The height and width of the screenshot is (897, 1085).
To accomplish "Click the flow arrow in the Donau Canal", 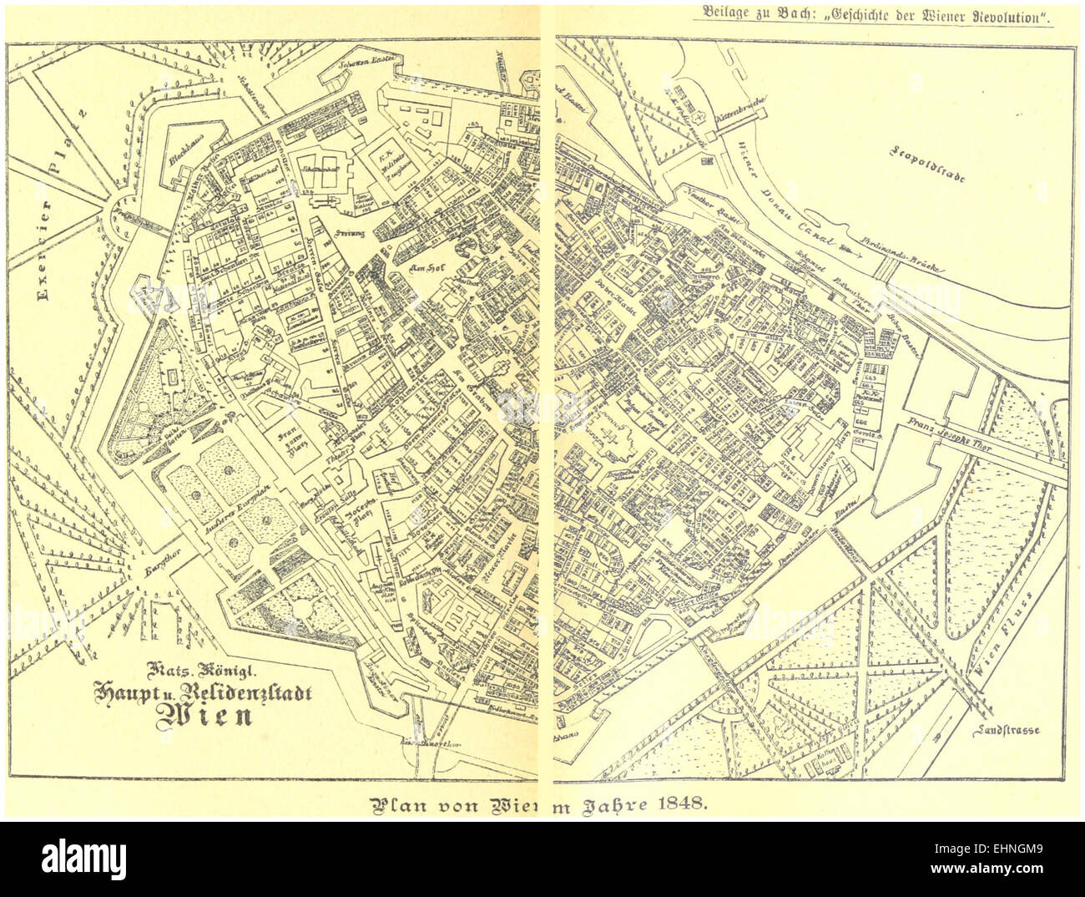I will (850, 249).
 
